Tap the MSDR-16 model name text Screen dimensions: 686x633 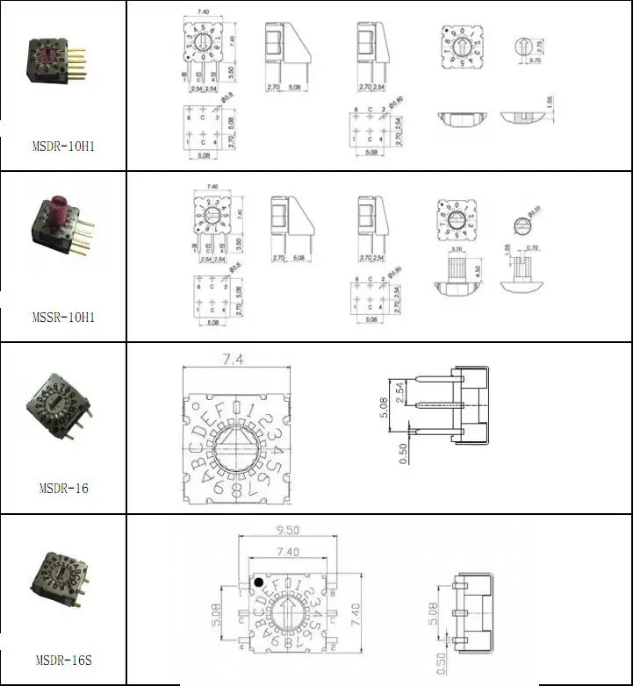coord(64,488)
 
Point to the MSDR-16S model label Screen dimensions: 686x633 coord(63,660)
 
